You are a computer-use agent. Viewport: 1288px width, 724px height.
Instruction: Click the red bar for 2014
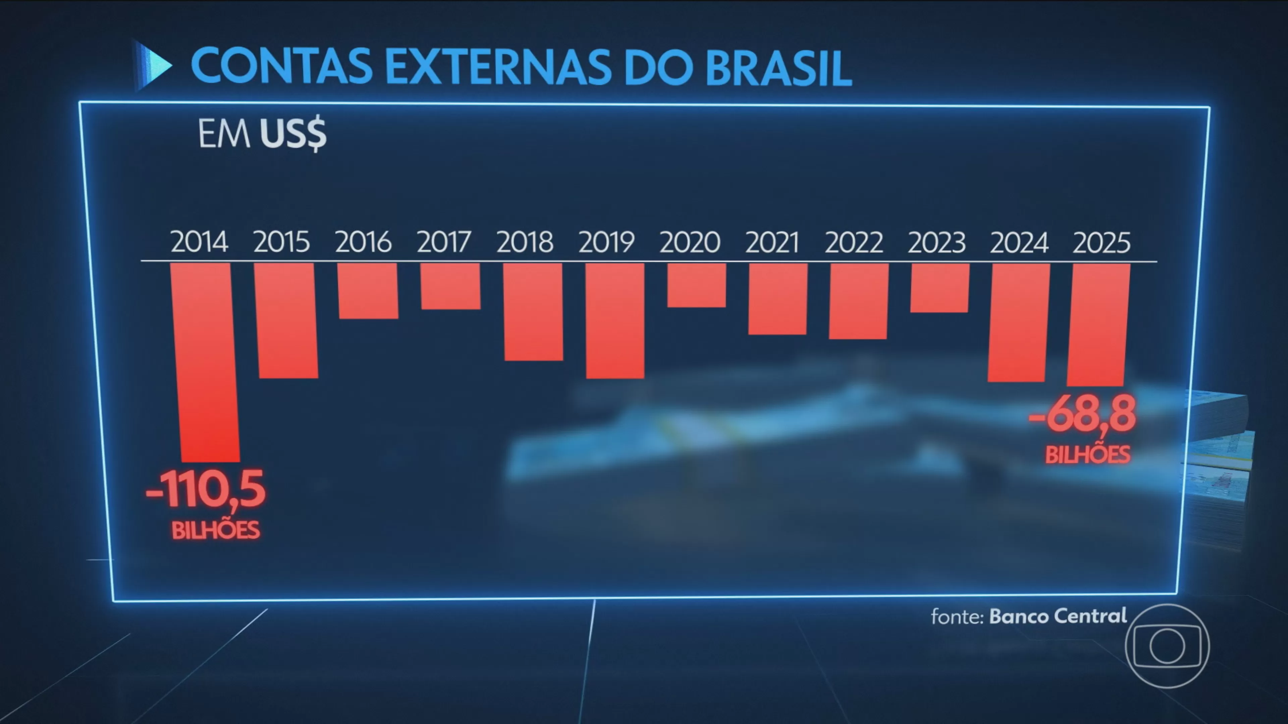pos(204,362)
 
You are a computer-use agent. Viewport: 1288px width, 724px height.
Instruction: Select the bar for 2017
pos(450,286)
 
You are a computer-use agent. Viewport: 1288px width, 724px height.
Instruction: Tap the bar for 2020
pos(697,285)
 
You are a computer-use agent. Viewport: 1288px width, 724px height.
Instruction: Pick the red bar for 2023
pos(940,288)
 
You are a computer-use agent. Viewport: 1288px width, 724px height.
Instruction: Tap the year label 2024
pos(1019,243)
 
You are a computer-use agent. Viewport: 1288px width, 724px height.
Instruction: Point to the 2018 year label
pos(525,242)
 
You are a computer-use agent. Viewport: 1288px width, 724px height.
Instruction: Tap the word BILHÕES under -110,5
pos(215,530)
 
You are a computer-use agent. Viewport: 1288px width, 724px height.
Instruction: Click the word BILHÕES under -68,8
pos(1087,455)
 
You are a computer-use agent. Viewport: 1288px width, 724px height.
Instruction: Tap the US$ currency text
pos(293,134)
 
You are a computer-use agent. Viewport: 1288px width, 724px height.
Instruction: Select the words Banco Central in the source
pos(1058,616)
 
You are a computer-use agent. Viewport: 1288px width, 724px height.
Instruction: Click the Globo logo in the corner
pos(1167,646)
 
